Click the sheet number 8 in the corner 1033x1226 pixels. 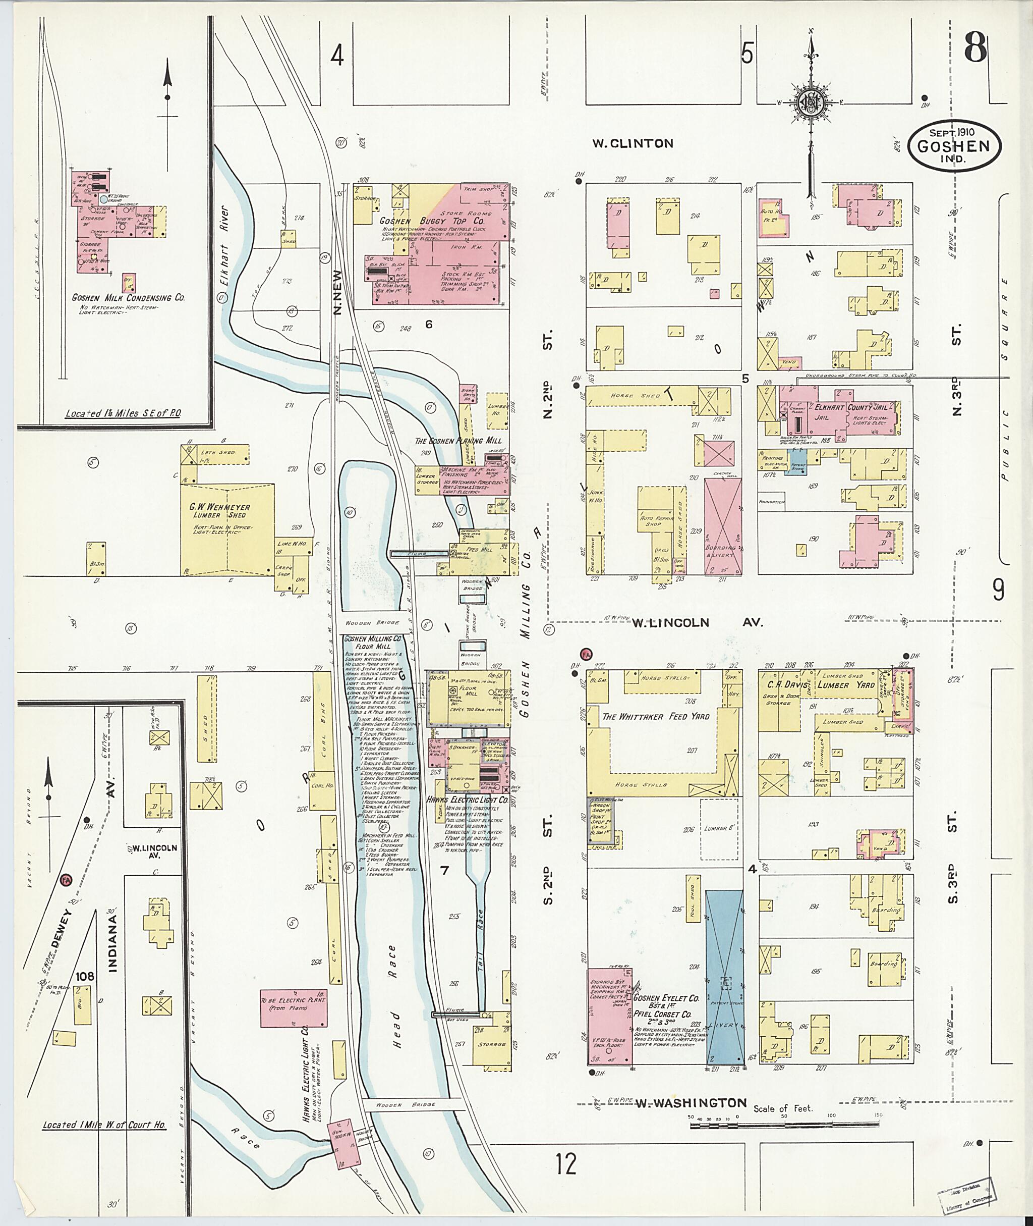pyautogui.click(x=975, y=48)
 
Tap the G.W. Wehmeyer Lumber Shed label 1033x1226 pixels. pyautogui.click(x=219, y=511)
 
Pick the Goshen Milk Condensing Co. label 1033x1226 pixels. pyautogui.click(x=128, y=298)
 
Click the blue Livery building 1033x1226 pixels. pyautogui.click(x=724, y=978)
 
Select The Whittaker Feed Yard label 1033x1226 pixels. pyautogui.click(x=655, y=716)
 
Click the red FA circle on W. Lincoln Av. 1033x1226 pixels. pyautogui.click(x=586, y=654)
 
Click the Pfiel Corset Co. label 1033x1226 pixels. pyautogui.click(x=662, y=1014)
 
